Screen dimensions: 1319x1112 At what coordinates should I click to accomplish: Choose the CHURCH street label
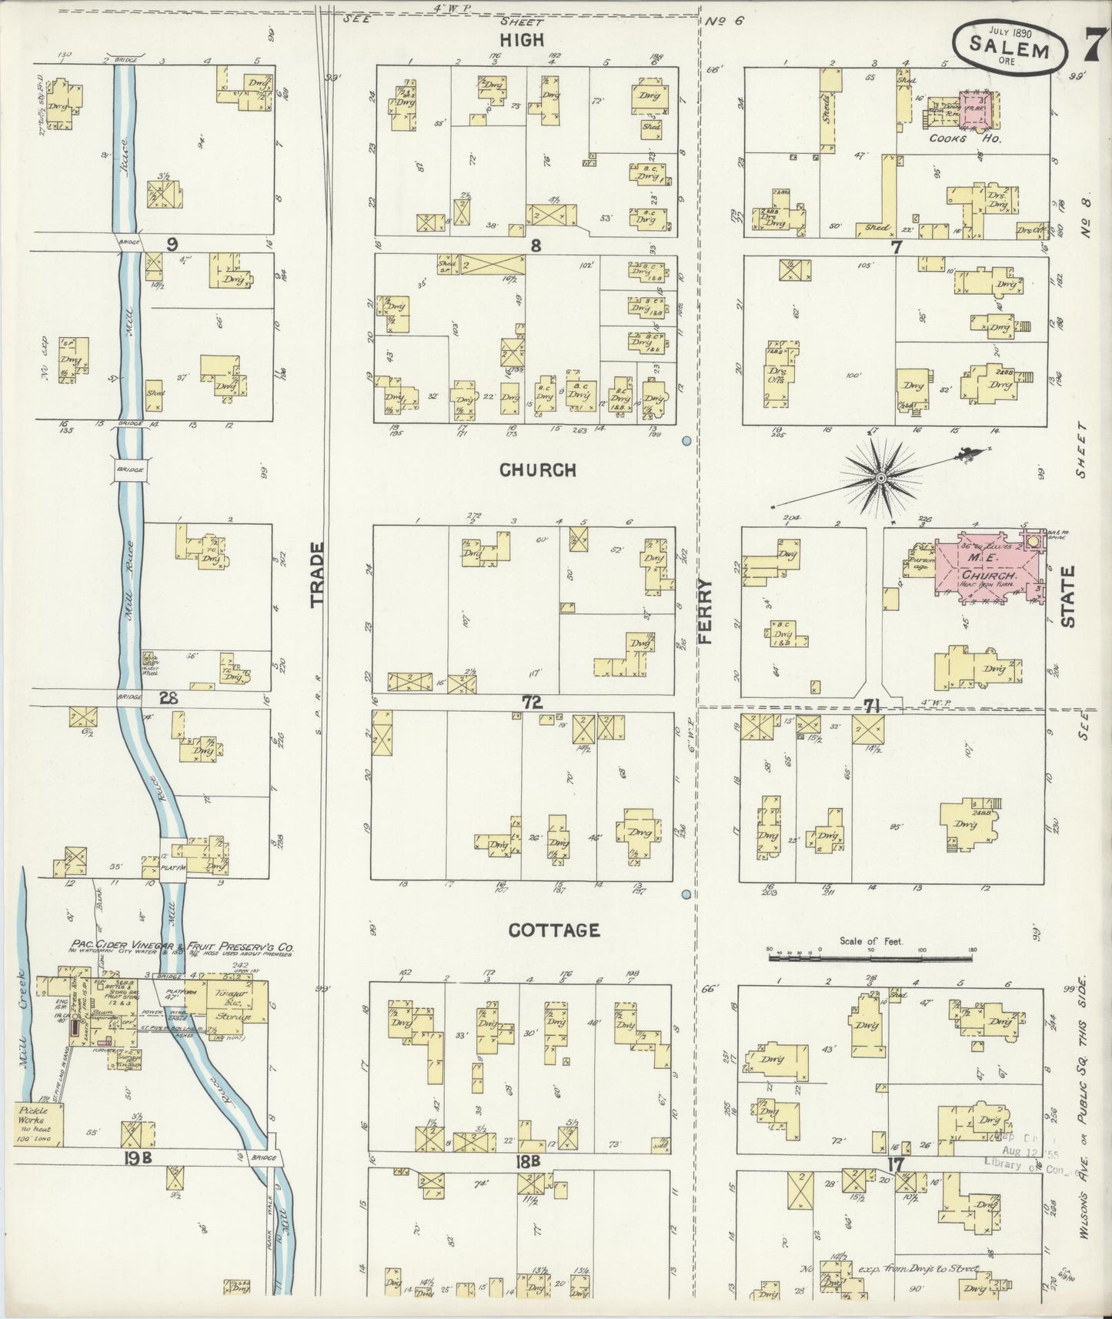(x=537, y=469)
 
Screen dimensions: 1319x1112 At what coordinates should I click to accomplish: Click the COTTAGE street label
(x=554, y=930)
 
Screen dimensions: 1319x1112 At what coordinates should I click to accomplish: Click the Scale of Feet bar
(x=870, y=959)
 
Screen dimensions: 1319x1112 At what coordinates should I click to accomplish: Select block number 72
(x=532, y=702)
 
